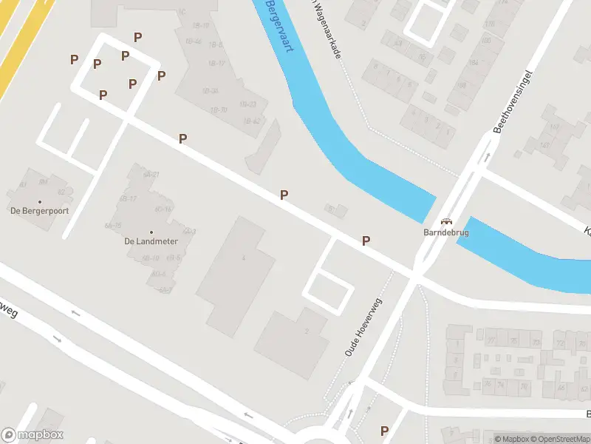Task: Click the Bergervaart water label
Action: pyautogui.click(x=279, y=26)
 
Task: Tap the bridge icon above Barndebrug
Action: pyautogui.click(x=446, y=221)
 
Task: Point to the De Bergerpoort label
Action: pyautogui.click(x=39, y=211)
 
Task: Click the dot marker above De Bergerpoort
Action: pyautogui.click(x=40, y=201)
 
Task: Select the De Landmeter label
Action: pyautogui.click(x=151, y=241)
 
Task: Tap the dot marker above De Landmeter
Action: pyautogui.click(x=151, y=232)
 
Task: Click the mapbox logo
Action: pyautogui.click(x=33, y=435)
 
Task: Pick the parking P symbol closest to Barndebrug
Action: pyautogui.click(x=365, y=240)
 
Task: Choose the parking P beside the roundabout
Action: pyautogui.click(x=384, y=430)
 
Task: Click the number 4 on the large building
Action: pyautogui.click(x=243, y=257)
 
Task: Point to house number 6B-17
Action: pyautogui.click(x=129, y=198)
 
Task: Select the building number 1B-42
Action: pyautogui.click(x=252, y=121)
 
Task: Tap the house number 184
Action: pyautogui.click(x=474, y=62)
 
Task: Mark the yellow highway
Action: pyautogui.click(x=15, y=52)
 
